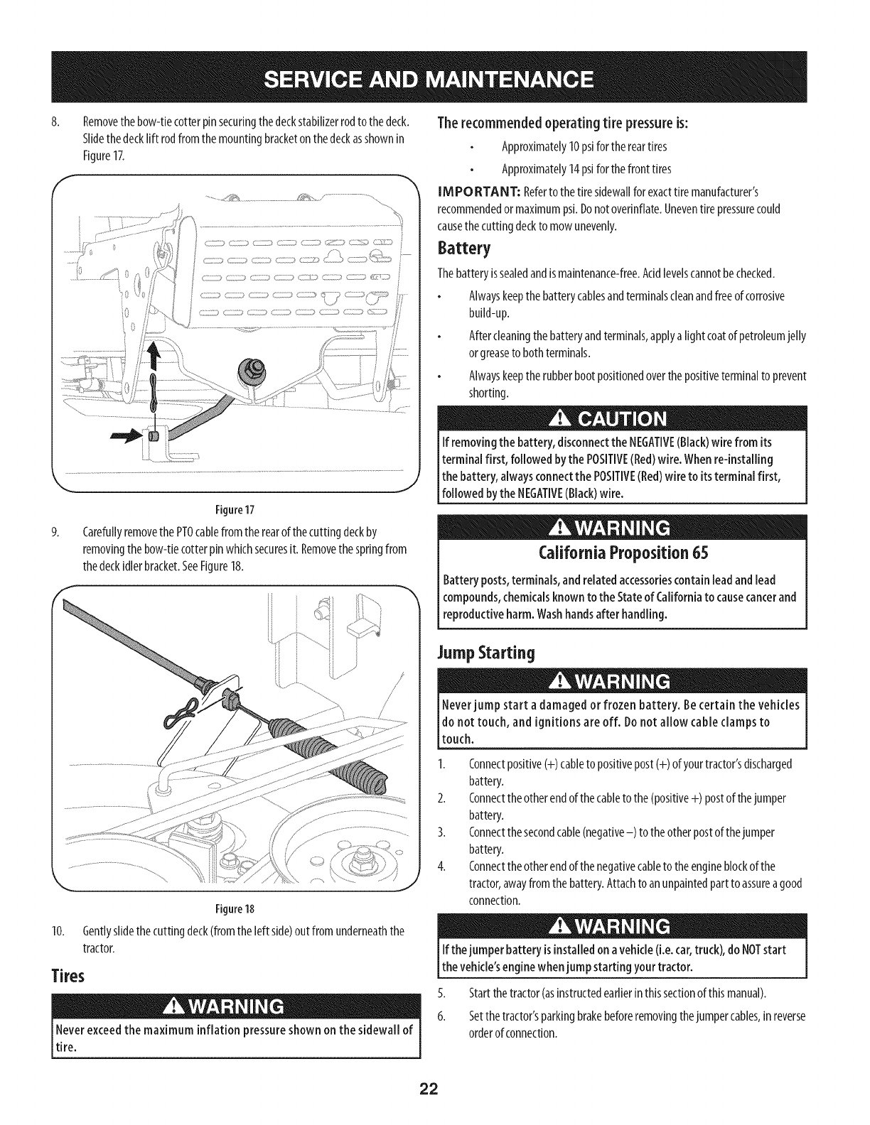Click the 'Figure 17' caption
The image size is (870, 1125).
point(236,510)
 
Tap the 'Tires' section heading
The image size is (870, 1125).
point(69,976)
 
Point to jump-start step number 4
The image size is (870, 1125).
point(442,866)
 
